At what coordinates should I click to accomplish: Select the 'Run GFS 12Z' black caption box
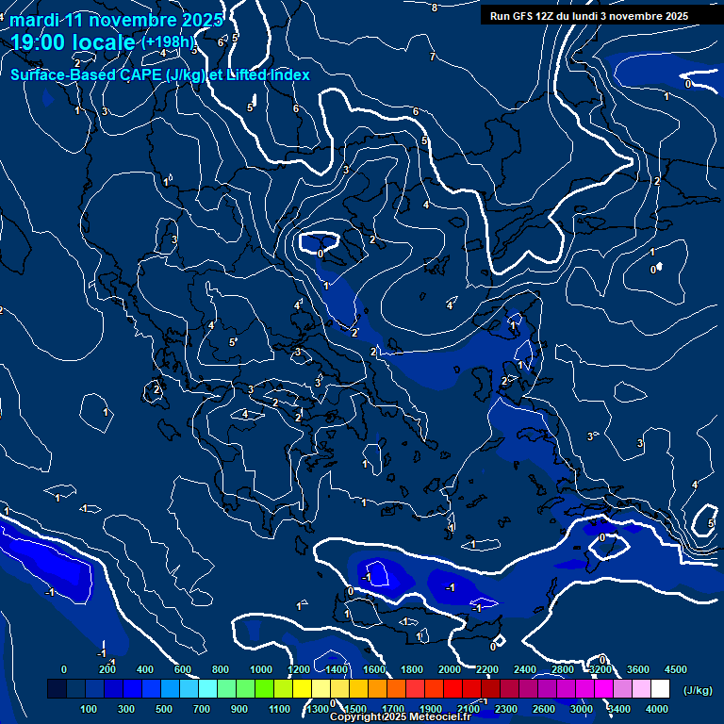click(589, 16)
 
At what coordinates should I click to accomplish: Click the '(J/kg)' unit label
click(697, 690)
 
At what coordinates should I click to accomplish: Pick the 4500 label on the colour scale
click(675, 669)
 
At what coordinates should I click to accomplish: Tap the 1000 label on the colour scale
click(261, 669)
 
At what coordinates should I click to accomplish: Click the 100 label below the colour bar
click(90, 709)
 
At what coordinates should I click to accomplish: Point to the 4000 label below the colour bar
click(656, 709)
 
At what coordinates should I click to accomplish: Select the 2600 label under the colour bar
click(544, 709)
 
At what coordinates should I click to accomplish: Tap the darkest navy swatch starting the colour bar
click(57, 689)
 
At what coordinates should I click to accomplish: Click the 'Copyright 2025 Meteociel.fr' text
click(400, 717)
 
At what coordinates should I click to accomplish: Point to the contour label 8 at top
click(435, 8)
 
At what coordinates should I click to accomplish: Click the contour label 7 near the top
click(433, 58)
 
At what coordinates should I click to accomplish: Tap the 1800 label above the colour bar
click(412, 669)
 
